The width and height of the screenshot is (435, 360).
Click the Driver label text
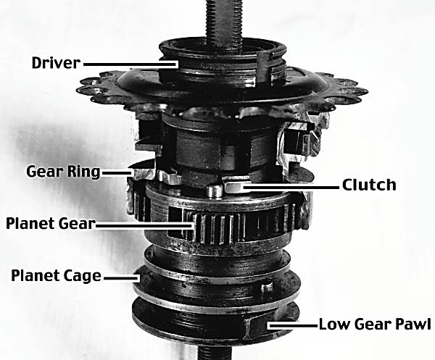tap(56, 63)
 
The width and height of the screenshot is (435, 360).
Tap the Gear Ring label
tap(63, 172)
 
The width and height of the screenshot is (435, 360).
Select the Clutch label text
tap(369, 185)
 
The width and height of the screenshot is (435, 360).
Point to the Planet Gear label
tap(51, 223)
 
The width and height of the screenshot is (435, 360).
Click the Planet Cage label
tap(56, 275)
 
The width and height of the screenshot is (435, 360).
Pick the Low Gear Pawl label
tap(375, 324)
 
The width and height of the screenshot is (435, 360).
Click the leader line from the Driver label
tap(130, 64)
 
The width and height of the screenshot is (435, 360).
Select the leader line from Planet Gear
tap(144, 225)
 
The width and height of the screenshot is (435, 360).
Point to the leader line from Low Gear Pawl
tap(293, 325)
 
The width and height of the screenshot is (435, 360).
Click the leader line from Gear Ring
tap(117, 172)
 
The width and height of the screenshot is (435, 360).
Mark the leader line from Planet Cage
tap(122, 277)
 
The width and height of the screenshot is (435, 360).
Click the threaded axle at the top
tap(223, 20)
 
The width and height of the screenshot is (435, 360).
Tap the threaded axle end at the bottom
tap(215, 353)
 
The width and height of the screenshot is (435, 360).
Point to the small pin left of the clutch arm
tap(215, 191)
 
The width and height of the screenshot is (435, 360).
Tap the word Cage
tap(82, 276)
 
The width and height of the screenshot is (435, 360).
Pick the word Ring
tap(83, 172)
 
